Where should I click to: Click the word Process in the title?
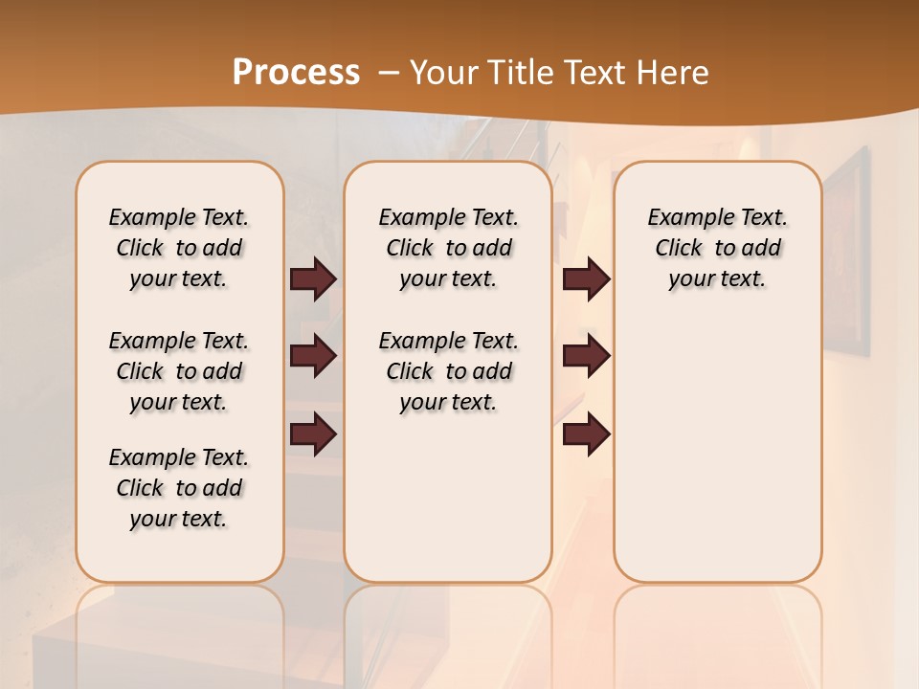point(296,72)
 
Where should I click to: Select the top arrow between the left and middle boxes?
point(313,279)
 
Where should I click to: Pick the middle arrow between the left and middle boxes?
point(313,357)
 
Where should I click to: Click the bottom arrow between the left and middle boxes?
point(313,434)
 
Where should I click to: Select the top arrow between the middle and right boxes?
point(586,279)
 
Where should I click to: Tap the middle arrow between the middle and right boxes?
point(586,357)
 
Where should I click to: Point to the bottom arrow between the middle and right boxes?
point(586,434)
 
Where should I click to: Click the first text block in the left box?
point(179,248)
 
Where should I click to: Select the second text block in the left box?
point(179,371)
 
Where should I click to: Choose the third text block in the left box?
point(179,488)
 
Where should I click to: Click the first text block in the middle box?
point(448,248)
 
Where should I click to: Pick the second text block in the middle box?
point(448,371)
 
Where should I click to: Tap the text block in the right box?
point(717,248)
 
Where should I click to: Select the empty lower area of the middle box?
point(448,498)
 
